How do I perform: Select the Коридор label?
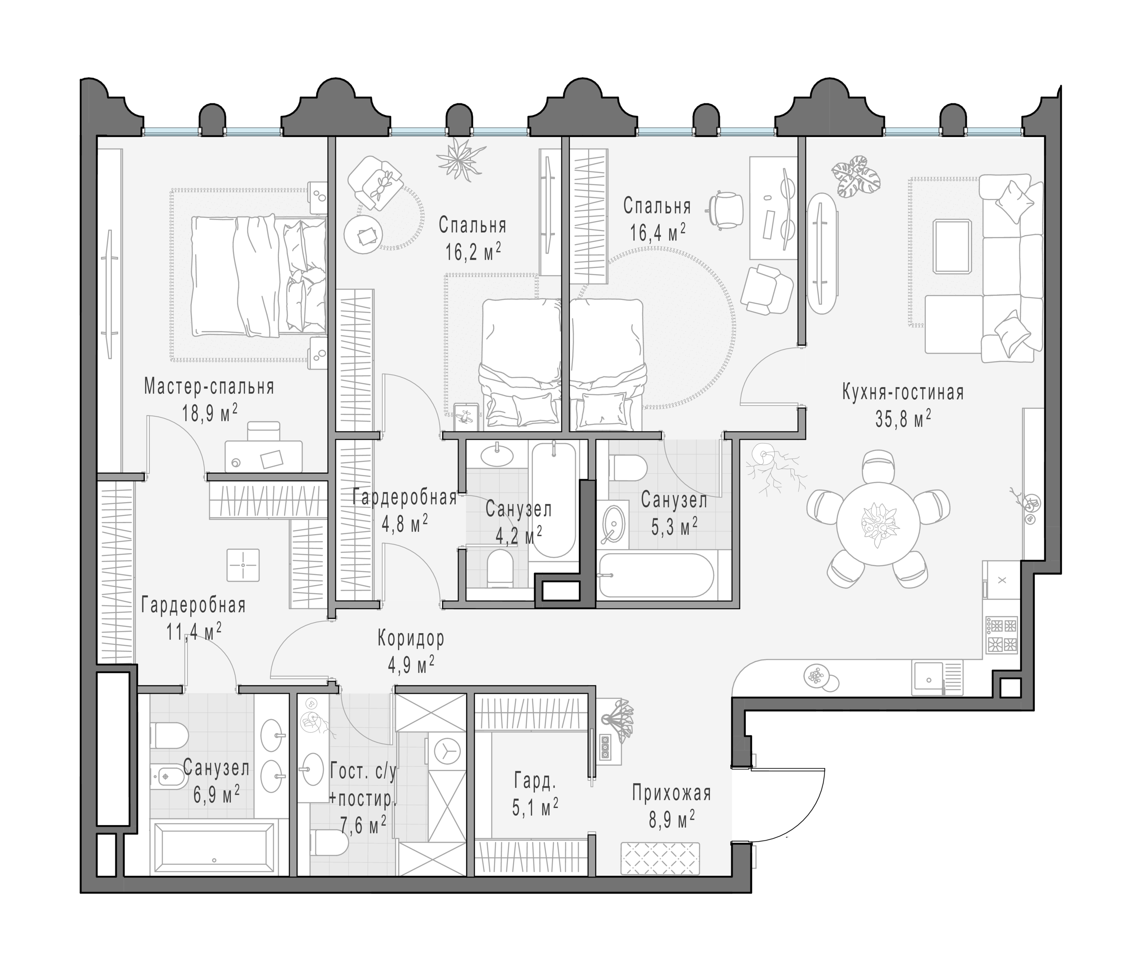[411, 639]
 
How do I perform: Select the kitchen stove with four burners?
[1002, 635]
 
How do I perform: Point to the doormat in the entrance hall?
[660, 859]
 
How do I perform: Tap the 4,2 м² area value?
[518, 535]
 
